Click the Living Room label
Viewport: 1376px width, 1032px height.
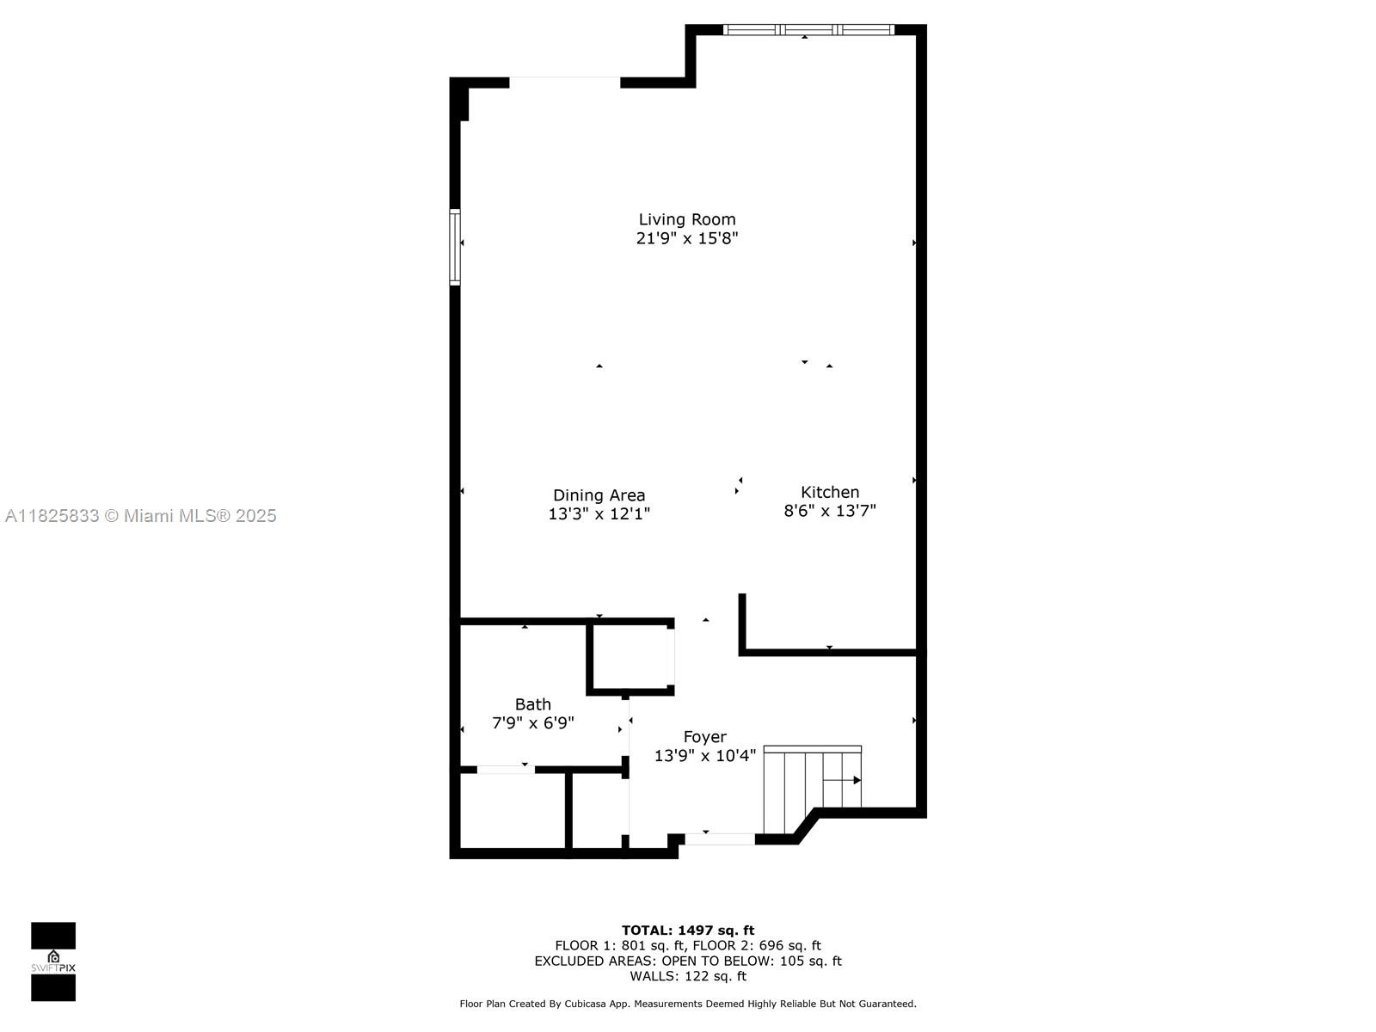point(686,219)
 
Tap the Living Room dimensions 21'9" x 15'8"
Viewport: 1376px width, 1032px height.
point(686,238)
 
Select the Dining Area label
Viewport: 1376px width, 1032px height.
point(599,495)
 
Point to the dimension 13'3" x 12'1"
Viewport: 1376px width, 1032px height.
point(599,514)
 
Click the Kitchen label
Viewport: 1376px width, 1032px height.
point(830,492)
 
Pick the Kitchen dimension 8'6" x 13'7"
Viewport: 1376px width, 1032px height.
point(830,511)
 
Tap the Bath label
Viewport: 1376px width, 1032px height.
point(532,704)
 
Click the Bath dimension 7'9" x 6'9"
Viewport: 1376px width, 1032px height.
point(532,723)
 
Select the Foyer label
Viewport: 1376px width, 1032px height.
point(704,737)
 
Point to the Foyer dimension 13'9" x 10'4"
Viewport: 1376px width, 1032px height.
point(704,756)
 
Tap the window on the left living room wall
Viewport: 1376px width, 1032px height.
point(455,247)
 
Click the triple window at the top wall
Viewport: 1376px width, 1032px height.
point(808,30)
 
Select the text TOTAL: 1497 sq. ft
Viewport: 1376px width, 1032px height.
point(688,930)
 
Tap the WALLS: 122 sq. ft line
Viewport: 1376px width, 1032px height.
point(688,976)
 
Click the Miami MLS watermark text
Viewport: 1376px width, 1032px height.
point(141,516)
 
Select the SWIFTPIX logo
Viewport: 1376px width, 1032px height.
point(53,961)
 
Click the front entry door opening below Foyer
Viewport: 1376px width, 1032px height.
point(720,839)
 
